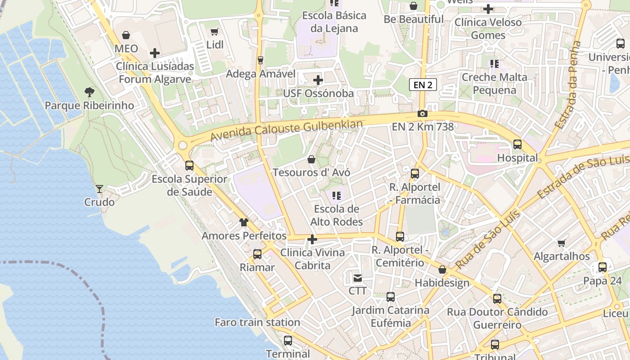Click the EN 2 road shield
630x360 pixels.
tap(423, 85)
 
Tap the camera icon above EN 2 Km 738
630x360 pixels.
tap(422, 113)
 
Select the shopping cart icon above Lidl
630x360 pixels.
tap(215, 31)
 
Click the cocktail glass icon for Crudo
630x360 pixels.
tap(99, 189)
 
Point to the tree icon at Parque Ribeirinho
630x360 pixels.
tap(89, 92)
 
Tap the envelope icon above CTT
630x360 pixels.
tap(358, 278)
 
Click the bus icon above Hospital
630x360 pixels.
tap(517, 144)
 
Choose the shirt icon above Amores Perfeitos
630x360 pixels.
tap(244, 222)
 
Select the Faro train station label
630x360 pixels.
tap(257, 322)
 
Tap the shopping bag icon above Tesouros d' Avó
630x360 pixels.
tap(311, 159)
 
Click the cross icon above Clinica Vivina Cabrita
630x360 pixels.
tap(312, 239)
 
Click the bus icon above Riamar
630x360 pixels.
tap(257, 254)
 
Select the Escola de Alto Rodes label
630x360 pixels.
tap(337, 215)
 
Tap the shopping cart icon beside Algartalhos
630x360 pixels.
tap(562, 243)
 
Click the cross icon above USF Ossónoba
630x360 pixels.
tap(318, 80)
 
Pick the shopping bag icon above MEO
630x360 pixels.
tap(126, 35)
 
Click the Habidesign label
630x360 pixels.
tap(442, 283)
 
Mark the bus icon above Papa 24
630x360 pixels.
tap(603, 267)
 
